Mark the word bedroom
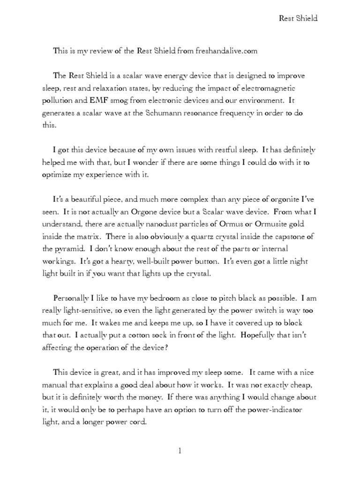[x=164, y=298]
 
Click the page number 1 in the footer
[x=180, y=451]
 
